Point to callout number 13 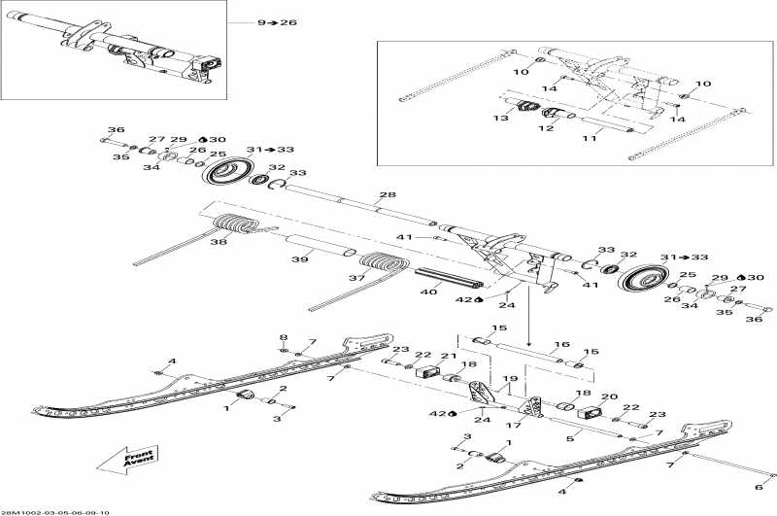[x=501, y=118]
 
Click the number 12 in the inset [x=546, y=127]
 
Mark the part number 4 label [x=171, y=361]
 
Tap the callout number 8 [x=284, y=337]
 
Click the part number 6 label [x=758, y=488]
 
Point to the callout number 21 [x=448, y=357]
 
